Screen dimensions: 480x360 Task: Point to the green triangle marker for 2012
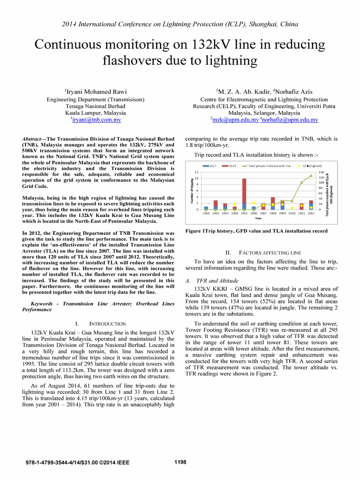point(311,175)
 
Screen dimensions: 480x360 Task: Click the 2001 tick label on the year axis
point(206,213)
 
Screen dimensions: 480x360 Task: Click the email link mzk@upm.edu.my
point(235,120)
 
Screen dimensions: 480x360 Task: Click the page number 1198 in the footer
point(180,462)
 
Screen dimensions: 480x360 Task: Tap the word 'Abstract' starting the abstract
point(33,139)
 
